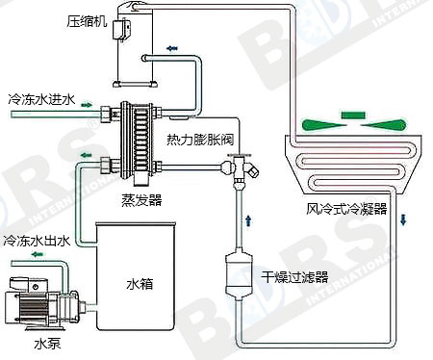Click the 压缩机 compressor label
pos(87,21)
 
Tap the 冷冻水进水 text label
pos(41,99)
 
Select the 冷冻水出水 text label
pos(37,241)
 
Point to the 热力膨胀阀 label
pos(200,140)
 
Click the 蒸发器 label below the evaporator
pos(141,200)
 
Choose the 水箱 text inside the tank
pos(140,284)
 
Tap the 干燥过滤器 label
pos(294,277)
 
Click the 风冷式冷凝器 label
pos(346,209)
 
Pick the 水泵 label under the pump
pos(47,345)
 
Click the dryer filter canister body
pos(239,273)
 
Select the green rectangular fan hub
pos(353,115)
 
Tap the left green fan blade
pos(322,125)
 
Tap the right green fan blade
pos(385,125)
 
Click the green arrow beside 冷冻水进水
pos(87,105)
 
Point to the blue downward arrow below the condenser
pos(403,219)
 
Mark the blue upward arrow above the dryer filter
pos(248,220)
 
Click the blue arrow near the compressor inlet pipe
pos(172,48)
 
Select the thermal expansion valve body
pos(240,168)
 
